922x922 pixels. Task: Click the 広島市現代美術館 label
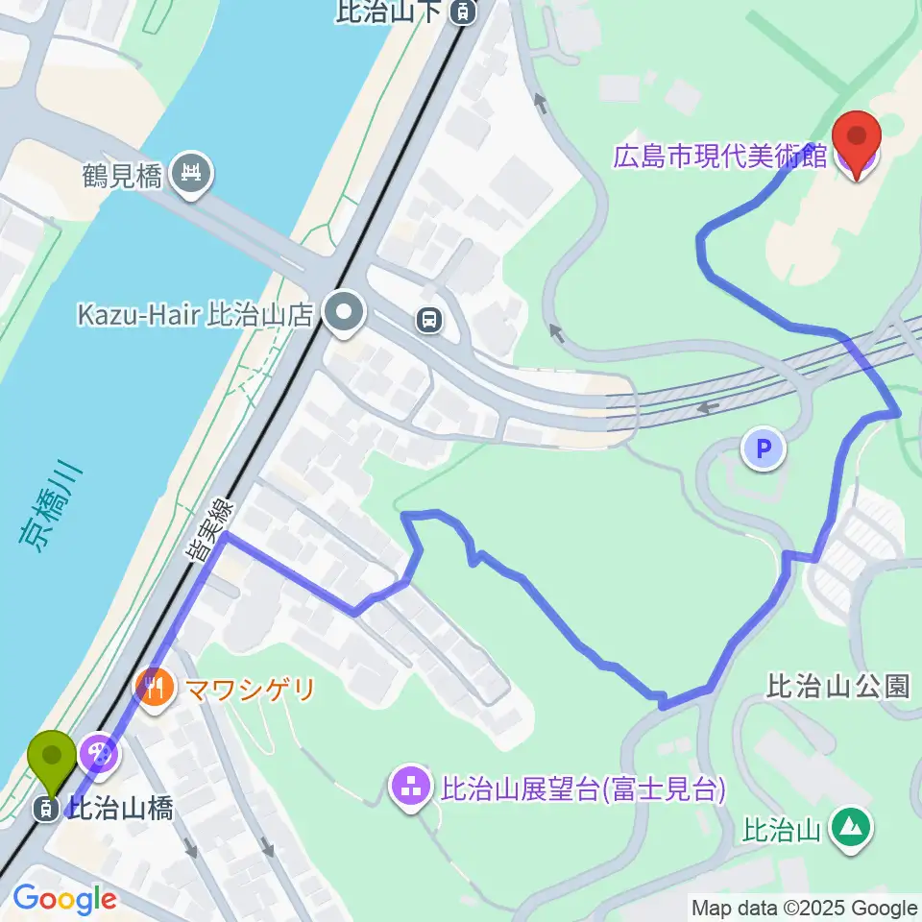pos(720,157)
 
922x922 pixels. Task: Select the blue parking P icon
pos(764,448)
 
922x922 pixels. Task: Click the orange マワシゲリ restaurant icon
pos(154,687)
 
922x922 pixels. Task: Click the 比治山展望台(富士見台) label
pos(582,789)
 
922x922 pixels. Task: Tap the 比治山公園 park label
pos(838,686)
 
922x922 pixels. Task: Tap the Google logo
pos(64,900)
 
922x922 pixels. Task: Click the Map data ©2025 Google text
pos(805,908)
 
